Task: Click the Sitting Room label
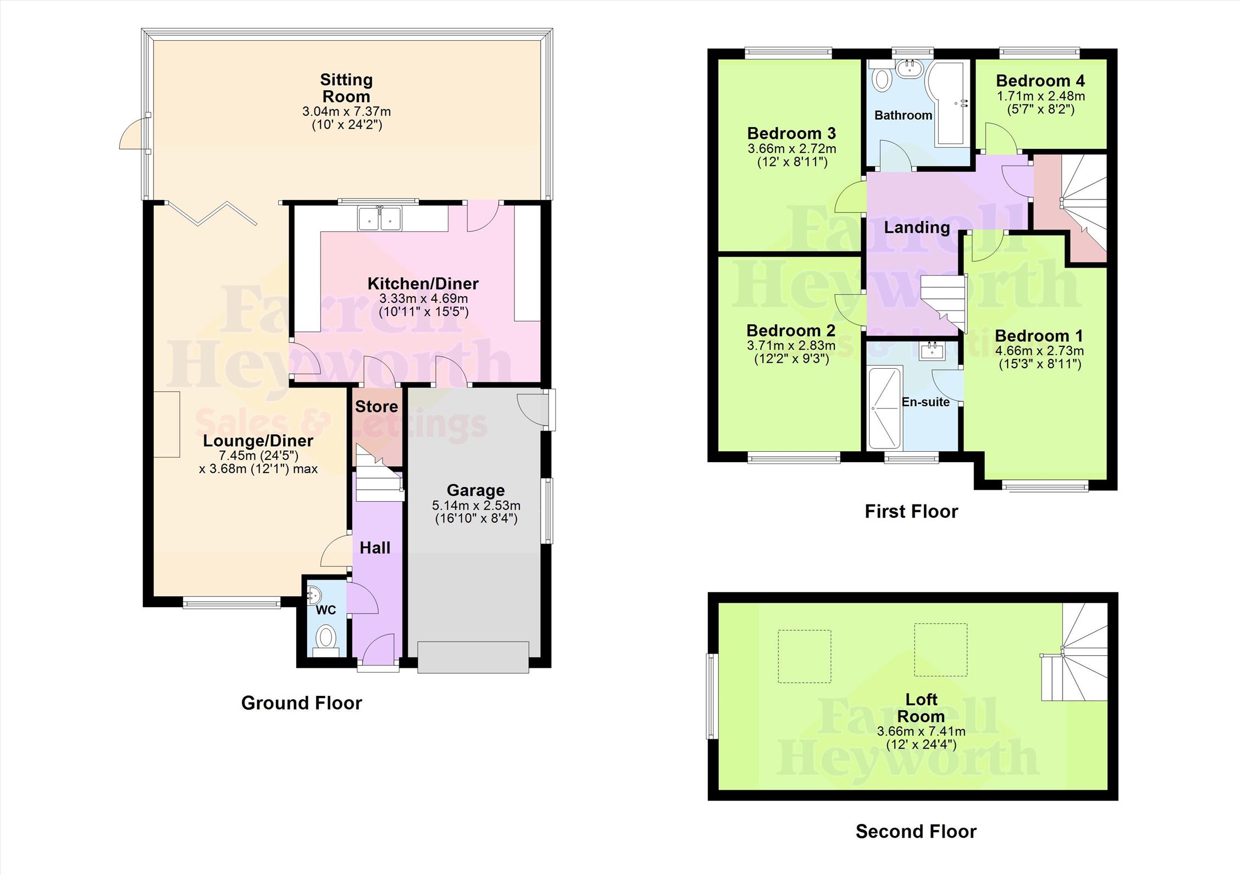(x=346, y=88)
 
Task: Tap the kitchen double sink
(x=379, y=219)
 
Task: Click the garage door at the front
(x=473, y=657)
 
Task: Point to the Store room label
(x=377, y=407)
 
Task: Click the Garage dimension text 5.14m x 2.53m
(x=476, y=505)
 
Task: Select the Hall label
(x=375, y=547)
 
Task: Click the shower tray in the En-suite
(x=884, y=408)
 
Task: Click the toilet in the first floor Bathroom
(x=883, y=79)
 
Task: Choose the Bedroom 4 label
(x=1040, y=81)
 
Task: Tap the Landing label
(x=916, y=228)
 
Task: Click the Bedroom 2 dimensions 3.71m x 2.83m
(x=790, y=345)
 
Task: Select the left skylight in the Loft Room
(x=804, y=656)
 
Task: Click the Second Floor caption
(x=916, y=832)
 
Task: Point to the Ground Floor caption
(x=301, y=703)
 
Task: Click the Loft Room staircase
(x=1073, y=654)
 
